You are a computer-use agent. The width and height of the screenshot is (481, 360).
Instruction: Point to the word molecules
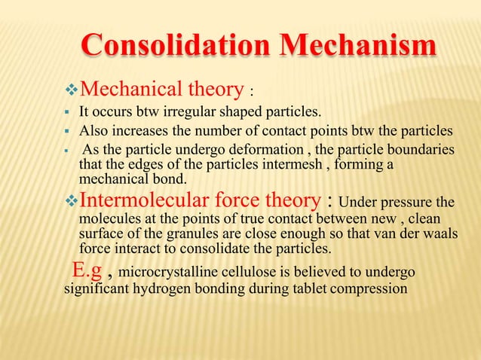pyautogui.click(x=109, y=219)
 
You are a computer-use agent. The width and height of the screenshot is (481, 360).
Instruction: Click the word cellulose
pyautogui.click(x=256, y=272)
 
